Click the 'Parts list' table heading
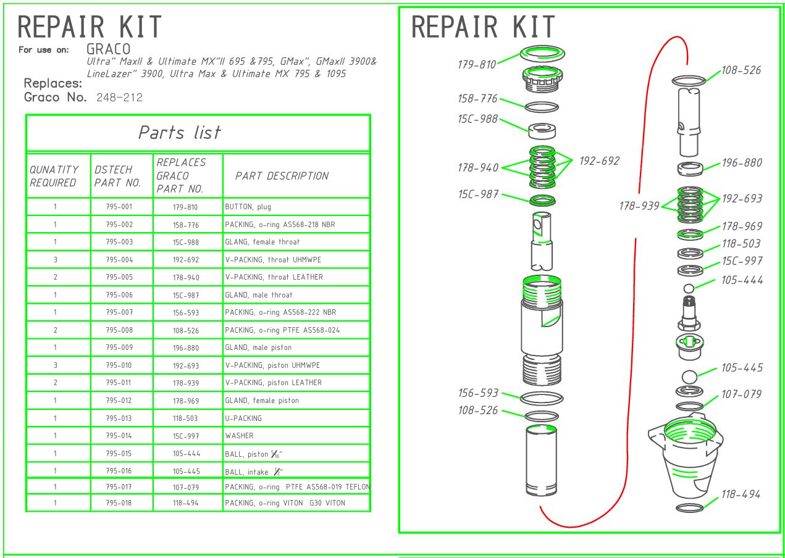[179, 133]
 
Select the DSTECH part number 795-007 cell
[119, 312]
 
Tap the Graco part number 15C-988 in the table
[187, 242]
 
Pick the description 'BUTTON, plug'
[248, 207]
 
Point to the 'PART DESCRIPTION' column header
[282, 176]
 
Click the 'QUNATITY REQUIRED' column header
[54, 176]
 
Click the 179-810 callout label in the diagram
[477, 64]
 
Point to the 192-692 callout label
[599, 161]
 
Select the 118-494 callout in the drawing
[741, 494]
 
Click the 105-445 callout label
[741, 368]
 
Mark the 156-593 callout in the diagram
[477, 393]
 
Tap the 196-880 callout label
[741, 163]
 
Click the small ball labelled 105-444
[690, 288]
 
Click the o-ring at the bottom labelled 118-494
[690, 508]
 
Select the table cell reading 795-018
[119, 503]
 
